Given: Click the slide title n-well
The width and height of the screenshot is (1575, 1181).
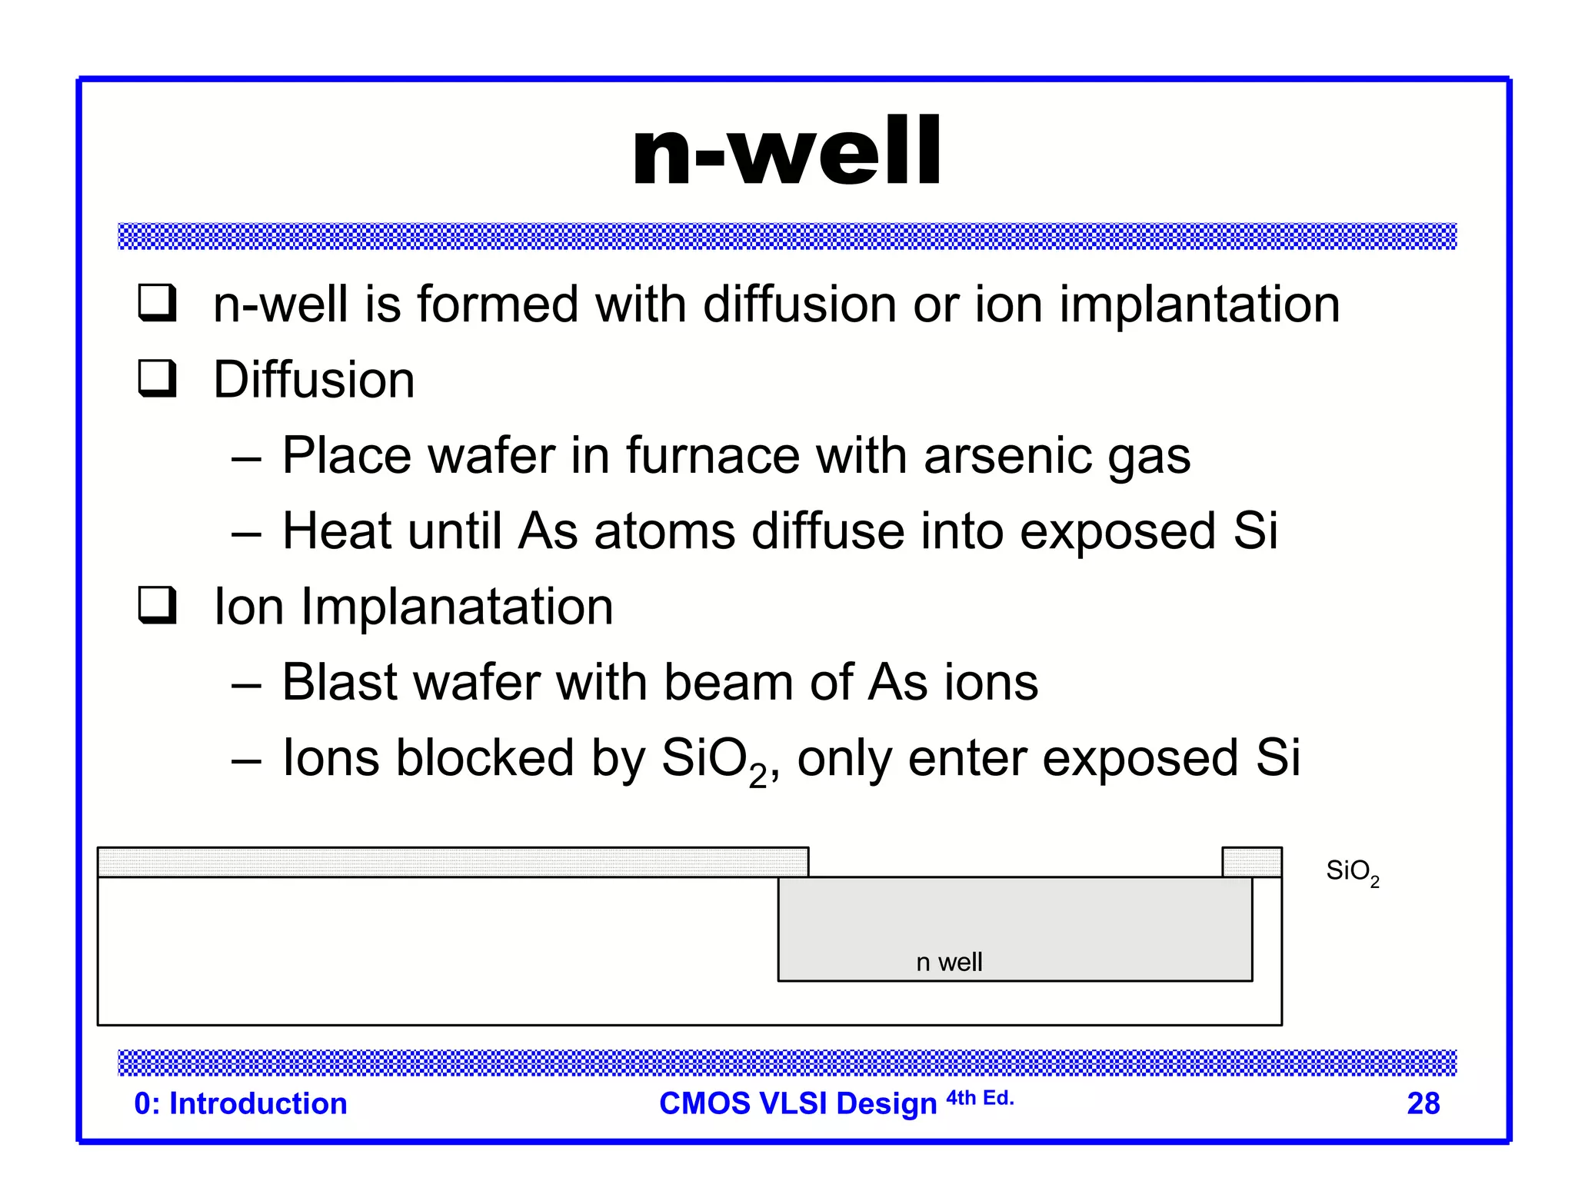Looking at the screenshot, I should pos(786,151).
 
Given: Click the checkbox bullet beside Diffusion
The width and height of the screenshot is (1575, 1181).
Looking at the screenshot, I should pos(157,378).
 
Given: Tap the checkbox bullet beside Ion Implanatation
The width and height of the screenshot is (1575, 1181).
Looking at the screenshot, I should pos(157,605).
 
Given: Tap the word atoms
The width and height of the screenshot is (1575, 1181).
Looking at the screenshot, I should pos(664,531).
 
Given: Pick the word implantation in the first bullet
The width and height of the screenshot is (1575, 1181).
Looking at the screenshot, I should pos(1200,304).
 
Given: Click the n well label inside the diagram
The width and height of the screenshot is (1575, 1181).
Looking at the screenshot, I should pos(949,962).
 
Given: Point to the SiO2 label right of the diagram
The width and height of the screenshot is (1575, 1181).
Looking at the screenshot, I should pos(1352,872).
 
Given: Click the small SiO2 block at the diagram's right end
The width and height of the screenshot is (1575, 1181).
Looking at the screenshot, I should pos(1251,862).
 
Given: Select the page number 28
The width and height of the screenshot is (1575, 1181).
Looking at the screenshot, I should pos(1423,1103).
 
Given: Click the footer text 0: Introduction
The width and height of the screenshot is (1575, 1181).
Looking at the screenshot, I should pos(241,1103).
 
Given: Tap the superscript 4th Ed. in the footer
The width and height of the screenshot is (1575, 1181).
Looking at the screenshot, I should pos(980,1098).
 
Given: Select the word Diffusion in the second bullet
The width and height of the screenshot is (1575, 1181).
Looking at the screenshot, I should pos(314,380).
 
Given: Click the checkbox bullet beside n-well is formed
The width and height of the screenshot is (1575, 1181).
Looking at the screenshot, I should pos(157,302).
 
